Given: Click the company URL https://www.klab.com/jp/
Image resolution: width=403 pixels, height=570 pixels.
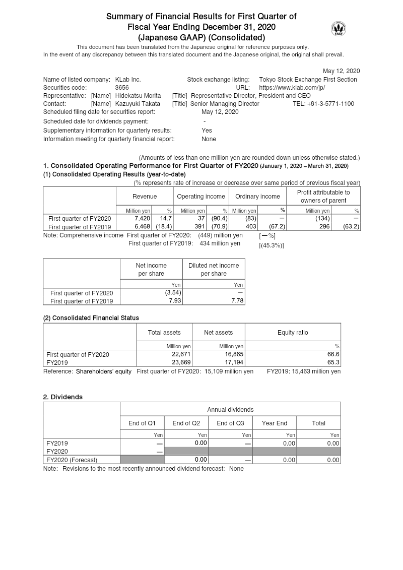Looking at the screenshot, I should point(292,88).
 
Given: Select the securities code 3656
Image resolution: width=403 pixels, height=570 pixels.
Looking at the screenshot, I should point(122,88).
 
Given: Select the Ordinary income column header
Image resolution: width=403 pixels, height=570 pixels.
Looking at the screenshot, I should point(257,197).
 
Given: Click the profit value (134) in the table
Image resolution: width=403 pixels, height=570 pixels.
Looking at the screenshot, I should point(322,219).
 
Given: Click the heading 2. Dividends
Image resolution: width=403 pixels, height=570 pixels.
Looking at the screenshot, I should point(63,397).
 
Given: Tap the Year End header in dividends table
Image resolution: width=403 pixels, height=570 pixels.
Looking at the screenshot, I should point(275,423).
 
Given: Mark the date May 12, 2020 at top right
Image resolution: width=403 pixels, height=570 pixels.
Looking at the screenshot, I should point(341,71).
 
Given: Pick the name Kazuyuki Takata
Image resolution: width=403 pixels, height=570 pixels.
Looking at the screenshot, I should point(137,104).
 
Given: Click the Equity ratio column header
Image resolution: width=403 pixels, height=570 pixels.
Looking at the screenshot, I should point(293,333).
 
